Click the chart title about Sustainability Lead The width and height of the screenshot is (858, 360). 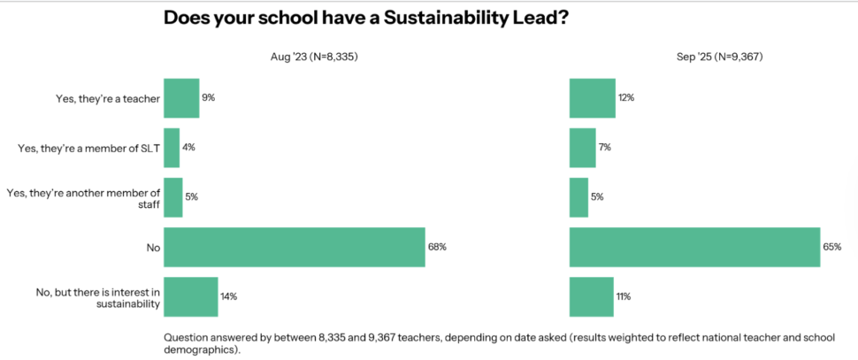coord(365,19)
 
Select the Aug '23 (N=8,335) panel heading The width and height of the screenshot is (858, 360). coord(313,57)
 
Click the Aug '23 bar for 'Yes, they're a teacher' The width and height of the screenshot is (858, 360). coord(181,98)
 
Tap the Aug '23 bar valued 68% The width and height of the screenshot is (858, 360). coord(295,247)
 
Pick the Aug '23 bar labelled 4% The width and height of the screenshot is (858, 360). coord(172,148)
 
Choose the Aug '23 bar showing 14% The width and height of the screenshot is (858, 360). coord(191,296)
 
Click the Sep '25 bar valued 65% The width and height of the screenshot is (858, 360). coord(694,247)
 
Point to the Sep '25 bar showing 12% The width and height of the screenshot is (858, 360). coord(592,98)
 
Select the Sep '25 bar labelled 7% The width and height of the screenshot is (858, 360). coord(582,148)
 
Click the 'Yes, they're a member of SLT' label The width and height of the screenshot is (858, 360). coord(88,149)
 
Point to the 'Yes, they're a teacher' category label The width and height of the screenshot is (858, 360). coord(107,99)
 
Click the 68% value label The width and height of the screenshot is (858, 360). coord(437,247)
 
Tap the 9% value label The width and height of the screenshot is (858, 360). coord(209,98)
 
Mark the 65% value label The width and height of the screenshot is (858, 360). coord(831,247)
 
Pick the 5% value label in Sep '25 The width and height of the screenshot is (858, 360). coord(597,197)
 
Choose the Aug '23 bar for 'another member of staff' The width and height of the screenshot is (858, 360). coord(173,197)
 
